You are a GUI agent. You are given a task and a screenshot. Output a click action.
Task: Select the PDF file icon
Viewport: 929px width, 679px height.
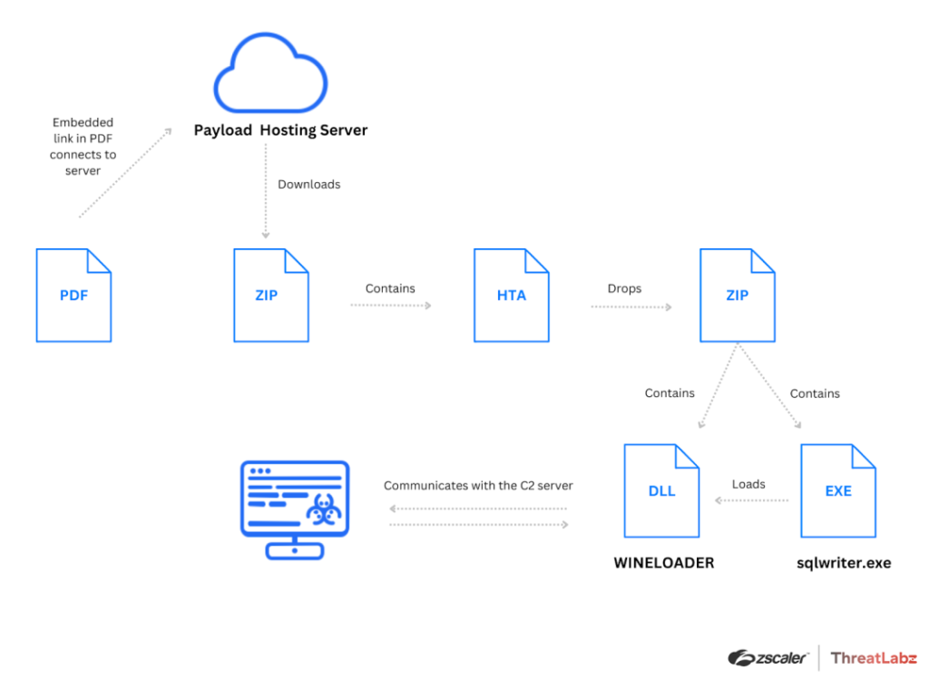73,296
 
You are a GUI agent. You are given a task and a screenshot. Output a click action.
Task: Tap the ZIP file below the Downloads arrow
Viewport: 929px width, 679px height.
270,296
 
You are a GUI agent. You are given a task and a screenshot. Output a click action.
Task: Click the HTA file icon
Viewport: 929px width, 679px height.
511,296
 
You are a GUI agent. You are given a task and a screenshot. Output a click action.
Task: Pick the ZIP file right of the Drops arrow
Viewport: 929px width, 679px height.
737,296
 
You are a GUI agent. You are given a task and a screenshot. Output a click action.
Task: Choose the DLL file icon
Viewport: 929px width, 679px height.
661,490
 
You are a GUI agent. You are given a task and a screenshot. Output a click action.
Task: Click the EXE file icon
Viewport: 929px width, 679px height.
837,490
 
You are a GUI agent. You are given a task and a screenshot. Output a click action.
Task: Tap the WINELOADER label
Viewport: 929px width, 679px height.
663,563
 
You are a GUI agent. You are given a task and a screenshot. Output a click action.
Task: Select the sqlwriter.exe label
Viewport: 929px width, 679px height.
843,563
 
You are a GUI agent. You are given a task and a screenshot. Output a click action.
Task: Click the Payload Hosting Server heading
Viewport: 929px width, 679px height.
280,131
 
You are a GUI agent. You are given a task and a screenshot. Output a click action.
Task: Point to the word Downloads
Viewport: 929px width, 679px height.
308,184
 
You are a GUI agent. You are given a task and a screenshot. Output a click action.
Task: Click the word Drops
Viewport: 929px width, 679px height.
624,288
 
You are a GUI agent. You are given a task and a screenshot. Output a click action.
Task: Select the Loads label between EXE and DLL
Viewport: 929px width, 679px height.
748,484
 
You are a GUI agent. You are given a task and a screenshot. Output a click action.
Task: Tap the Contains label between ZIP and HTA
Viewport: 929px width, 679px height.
390,288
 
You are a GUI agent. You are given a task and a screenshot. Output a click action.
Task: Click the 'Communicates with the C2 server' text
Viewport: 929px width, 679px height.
478,486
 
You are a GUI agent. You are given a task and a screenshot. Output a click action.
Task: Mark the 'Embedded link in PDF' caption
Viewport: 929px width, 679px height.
83,146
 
